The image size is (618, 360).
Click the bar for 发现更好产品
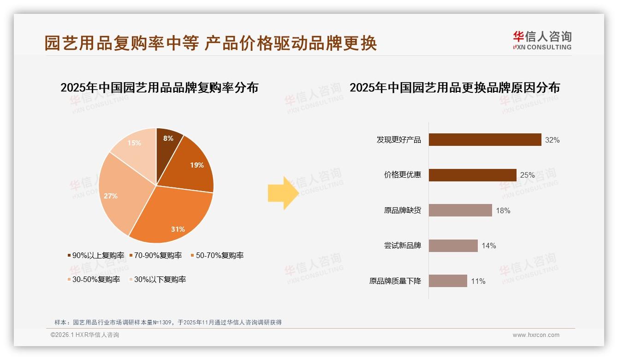click(x=485, y=139)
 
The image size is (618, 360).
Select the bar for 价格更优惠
click(x=472, y=175)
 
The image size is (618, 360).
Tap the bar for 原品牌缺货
click(x=460, y=210)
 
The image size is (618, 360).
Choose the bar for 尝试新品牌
click(x=453, y=246)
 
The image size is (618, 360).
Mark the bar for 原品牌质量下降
click(x=448, y=281)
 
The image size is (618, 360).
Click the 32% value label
click(x=552, y=140)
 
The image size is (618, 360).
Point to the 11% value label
click(x=478, y=281)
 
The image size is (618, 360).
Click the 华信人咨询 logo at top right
click(x=542, y=40)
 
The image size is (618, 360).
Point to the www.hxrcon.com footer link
click(x=536, y=335)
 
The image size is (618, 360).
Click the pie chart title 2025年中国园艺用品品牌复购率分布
click(x=160, y=87)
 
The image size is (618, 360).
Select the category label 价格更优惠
click(x=402, y=175)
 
